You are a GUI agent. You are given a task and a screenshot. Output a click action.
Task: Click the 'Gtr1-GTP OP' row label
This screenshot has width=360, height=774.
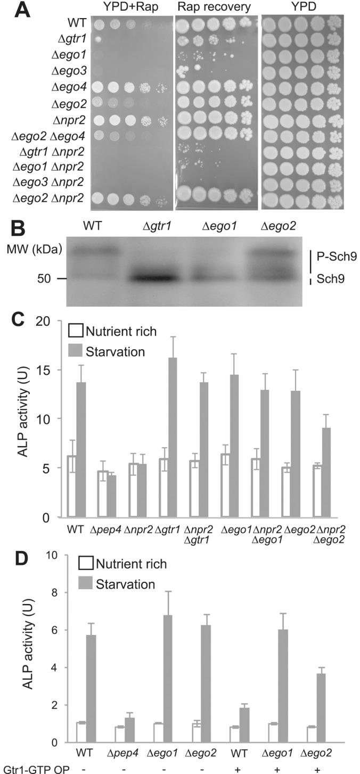coord(26,767)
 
